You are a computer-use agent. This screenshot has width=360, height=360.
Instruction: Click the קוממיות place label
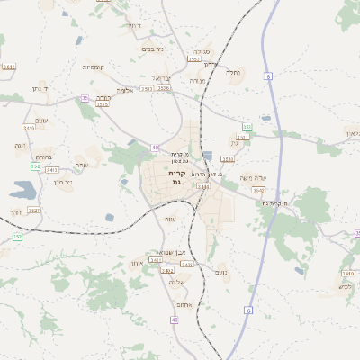pyautogui.click(x=94, y=67)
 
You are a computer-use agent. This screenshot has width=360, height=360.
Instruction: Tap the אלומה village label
pyautogui.click(x=125, y=89)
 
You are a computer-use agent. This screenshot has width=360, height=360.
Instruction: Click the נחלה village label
pyautogui.click(x=233, y=72)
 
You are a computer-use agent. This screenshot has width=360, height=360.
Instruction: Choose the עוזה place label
pyautogui.click(x=170, y=219)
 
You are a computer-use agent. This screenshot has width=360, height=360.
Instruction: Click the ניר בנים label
pyautogui.click(x=154, y=49)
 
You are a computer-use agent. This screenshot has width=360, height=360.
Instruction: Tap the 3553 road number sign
pyautogui.click(x=193, y=59)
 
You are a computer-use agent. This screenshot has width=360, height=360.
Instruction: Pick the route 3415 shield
pyautogui.click(x=102, y=104)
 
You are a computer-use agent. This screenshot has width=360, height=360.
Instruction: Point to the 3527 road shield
pyautogui.click(x=33, y=211)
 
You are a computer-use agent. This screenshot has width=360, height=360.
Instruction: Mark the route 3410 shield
pyautogui.click(x=29, y=128)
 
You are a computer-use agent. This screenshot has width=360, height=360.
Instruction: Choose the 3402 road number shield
pyautogui.click(x=166, y=270)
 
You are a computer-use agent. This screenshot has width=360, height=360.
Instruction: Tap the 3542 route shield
pyautogui.click(x=258, y=191)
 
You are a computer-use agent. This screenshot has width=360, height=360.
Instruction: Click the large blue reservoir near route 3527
pyautogui.click(x=22, y=190)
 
